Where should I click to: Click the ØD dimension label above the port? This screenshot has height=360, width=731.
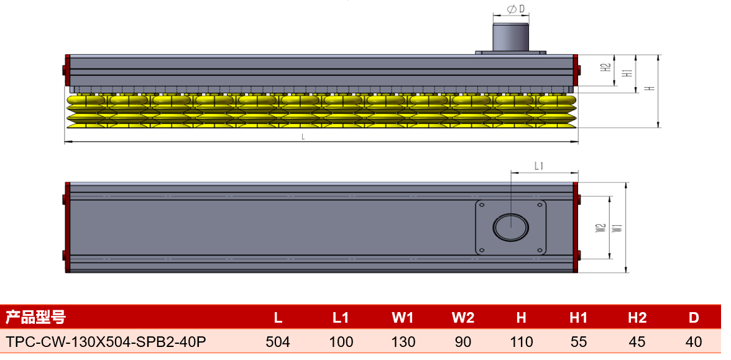511,9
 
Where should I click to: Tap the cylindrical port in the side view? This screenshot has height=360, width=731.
511,37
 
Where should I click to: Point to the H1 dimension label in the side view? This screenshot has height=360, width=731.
628,73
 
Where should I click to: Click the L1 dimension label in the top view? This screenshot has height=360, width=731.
540,165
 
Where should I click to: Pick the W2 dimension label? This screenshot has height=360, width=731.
601,228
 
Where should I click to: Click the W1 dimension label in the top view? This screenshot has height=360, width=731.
617,228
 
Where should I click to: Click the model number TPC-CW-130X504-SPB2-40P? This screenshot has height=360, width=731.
106,342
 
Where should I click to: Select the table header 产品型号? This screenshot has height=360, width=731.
35,318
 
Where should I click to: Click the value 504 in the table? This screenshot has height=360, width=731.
278,342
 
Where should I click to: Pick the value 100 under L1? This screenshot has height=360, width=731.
341,342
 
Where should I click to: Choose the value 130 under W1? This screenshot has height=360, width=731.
403,342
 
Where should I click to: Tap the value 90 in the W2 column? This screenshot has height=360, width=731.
463,342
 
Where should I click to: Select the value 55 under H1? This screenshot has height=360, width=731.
579,342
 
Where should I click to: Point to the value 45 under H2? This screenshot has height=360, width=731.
637,342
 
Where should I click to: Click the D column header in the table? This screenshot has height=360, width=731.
694,318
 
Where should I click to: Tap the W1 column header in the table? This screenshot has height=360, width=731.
403,318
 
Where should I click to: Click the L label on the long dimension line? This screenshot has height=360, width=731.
303,137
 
